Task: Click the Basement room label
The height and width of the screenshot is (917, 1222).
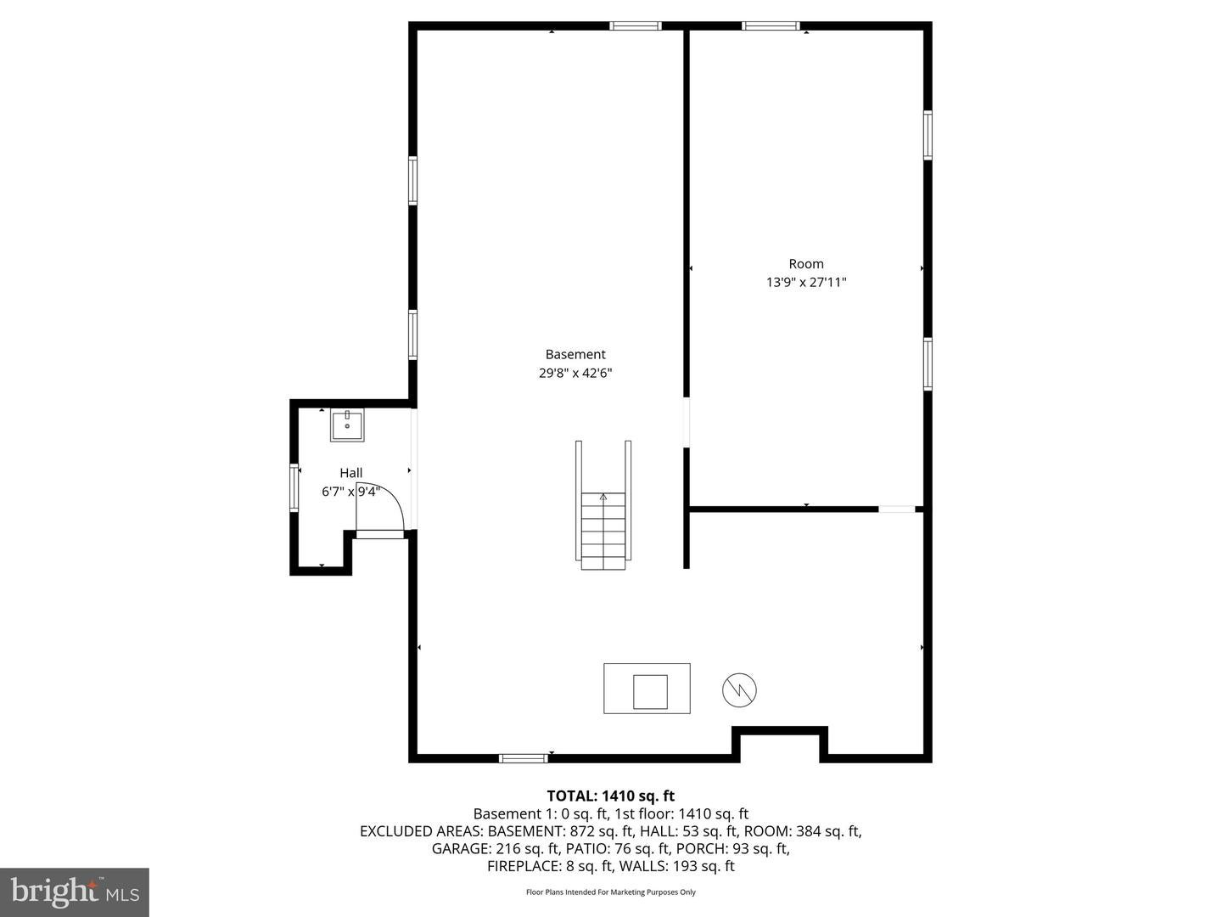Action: (575, 354)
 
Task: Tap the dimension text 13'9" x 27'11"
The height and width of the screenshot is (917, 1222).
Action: (806, 282)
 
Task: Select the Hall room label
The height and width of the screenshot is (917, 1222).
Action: (350, 473)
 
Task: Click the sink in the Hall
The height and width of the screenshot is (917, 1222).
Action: (347, 425)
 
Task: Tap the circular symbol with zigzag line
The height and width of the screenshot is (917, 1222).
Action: (739, 689)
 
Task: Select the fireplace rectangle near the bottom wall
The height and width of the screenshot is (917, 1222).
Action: (647, 689)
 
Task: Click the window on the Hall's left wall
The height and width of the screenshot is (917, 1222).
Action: (294, 487)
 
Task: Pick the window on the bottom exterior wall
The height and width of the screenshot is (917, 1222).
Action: (523, 757)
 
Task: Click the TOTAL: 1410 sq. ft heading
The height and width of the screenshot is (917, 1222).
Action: (610, 796)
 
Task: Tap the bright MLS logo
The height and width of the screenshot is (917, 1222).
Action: (75, 892)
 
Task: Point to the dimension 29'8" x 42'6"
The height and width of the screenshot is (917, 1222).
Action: (575, 373)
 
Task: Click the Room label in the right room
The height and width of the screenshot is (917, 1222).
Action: (806, 263)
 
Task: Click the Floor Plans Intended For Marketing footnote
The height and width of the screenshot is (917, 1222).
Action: (610, 892)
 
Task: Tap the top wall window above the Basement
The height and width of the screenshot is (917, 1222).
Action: (636, 26)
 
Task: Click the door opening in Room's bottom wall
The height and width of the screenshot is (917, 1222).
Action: (897, 509)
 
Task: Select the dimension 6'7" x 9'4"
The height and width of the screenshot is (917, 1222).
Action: (350, 492)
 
